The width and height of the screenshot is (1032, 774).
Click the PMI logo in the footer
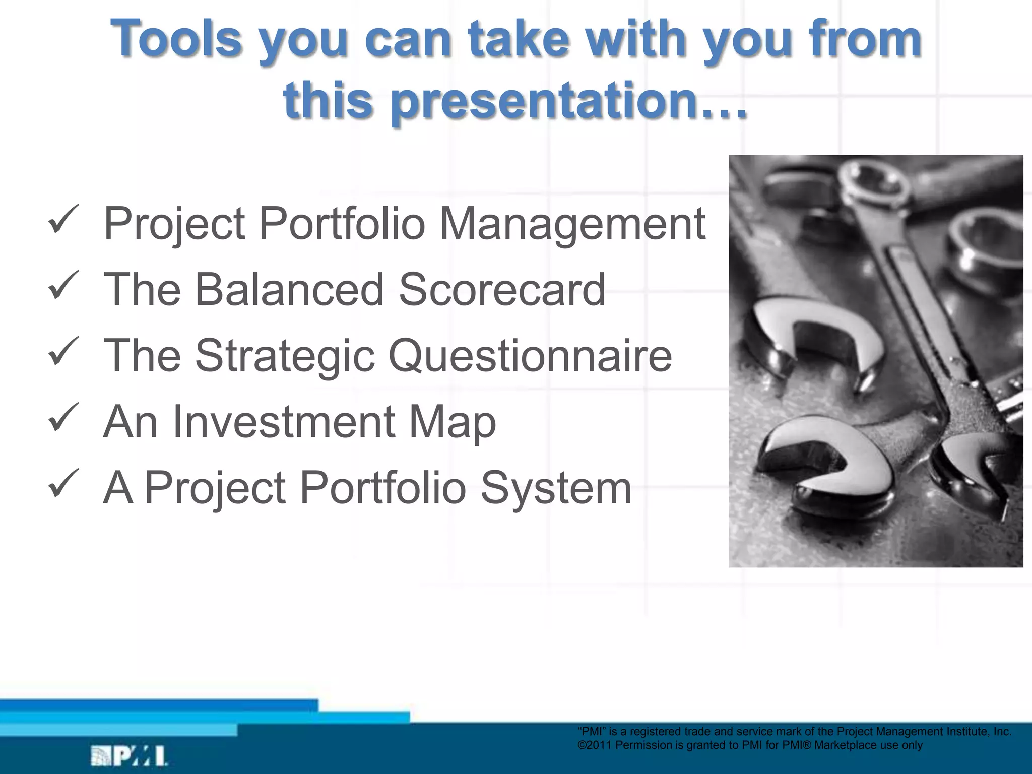tap(128, 756)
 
